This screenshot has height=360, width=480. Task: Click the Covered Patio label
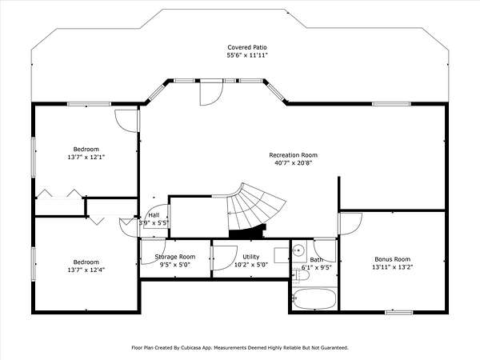coord(247,47)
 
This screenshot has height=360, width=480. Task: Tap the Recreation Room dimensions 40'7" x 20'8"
coord(293,163)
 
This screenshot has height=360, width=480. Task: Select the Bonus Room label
coord(393,259)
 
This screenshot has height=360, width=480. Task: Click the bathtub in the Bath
coord(314,298)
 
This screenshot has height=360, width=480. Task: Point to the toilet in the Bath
coord(301,275)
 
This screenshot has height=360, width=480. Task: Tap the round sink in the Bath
coord(298,250)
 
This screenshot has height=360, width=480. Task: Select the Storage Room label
coord(174,257)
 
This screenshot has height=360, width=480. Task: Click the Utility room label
coord(251,257)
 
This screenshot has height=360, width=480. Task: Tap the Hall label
coord(154,215)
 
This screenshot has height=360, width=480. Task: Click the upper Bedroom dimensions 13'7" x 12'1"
coord(86,157)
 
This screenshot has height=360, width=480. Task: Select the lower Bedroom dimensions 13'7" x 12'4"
coord(86,270)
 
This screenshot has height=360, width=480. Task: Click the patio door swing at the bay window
coord(211,94)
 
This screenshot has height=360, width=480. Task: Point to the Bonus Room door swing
coord(351,224)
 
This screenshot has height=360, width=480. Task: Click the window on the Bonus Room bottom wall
coord(398,312)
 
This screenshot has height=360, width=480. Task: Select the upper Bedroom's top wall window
coord(89,104)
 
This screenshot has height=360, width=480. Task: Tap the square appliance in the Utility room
coord(282,255)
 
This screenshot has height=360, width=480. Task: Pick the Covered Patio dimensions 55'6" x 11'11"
coord(247,55)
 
